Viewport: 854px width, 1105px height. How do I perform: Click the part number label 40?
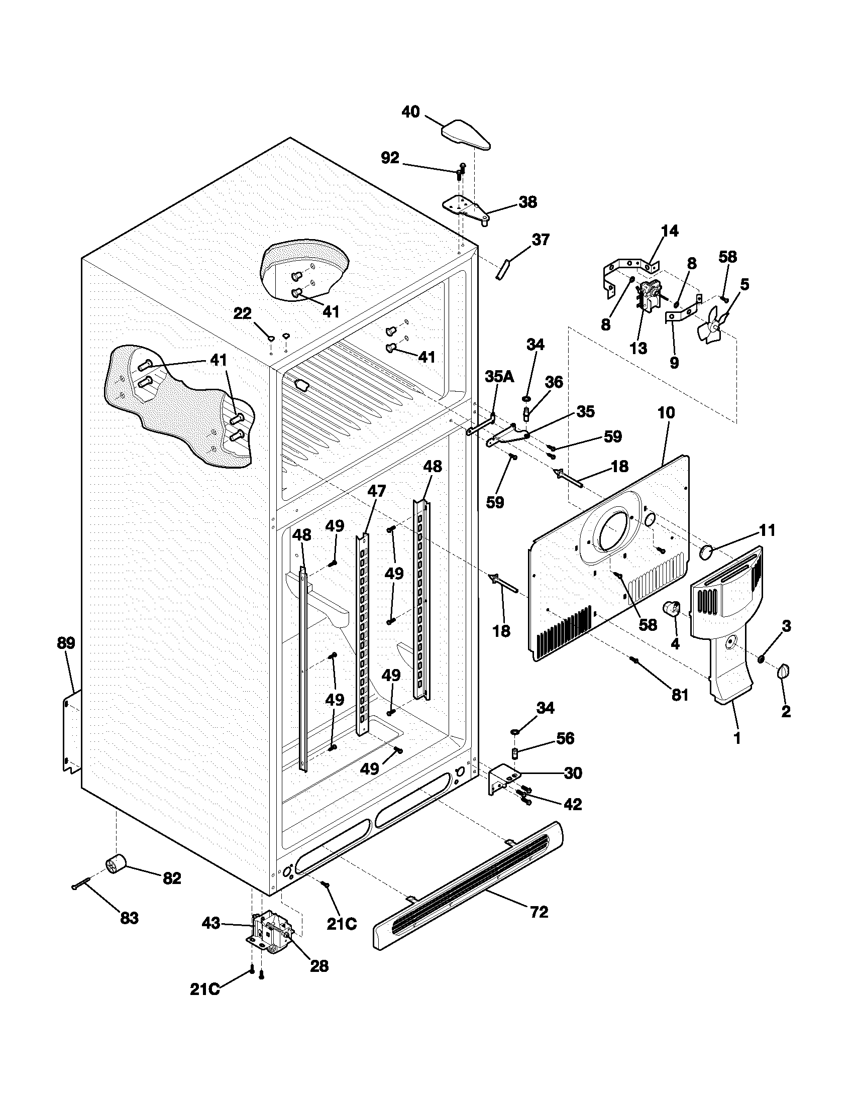[410, 112]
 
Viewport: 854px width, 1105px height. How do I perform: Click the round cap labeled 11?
[706, 552]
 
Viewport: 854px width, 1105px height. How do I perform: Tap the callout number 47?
[376, 490]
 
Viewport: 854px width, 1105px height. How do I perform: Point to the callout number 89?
[66, 643]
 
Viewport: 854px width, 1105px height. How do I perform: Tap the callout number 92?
[389, 158]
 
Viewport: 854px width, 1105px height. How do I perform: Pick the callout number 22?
[242, 314]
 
